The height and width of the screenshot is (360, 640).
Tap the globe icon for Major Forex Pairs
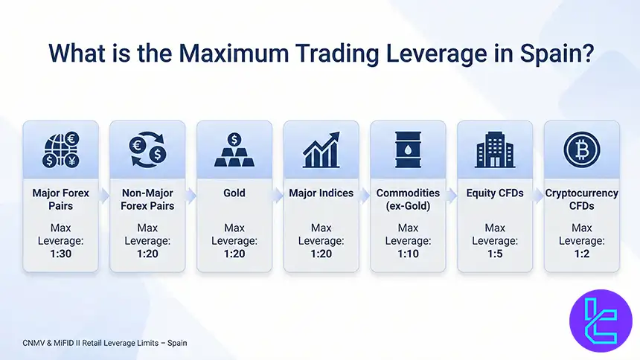[60, 149]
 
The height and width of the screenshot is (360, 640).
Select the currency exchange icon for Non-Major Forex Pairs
[147, 149]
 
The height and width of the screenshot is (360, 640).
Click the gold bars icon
[234, 149]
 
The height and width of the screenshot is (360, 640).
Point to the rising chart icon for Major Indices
[321, 149]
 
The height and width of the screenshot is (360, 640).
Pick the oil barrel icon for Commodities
[408, 149]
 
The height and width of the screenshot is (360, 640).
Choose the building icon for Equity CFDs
[495, 149]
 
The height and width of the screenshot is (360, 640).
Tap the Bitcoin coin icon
[581, 149]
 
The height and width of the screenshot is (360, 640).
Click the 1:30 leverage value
[60, 253]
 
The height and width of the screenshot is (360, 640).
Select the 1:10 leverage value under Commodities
[408, 253]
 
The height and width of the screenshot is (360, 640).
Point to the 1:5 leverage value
[495, 253]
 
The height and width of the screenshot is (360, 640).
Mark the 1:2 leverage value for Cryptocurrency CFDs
[581, 253]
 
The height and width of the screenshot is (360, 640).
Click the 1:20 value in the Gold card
[234, 253]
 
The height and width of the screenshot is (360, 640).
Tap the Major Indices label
[321, 193]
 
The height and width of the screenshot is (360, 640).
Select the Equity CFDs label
[495, 193]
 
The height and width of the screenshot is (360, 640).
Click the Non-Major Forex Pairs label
[147, 199]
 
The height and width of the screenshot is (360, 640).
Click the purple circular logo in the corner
[600, 321]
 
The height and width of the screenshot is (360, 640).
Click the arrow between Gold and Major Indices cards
[278, 196]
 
